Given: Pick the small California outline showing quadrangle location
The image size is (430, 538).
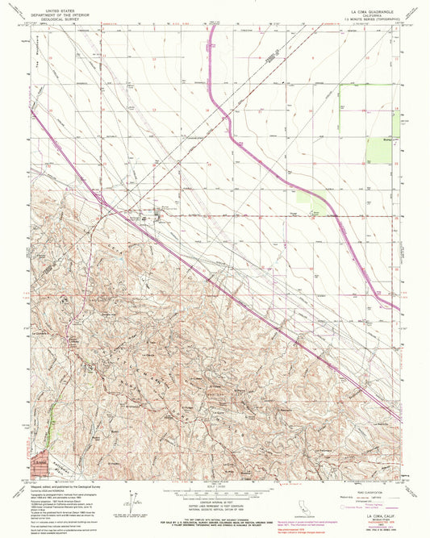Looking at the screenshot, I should click(302, 502).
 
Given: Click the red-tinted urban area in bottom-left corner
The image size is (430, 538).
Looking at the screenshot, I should click(39, 461).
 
